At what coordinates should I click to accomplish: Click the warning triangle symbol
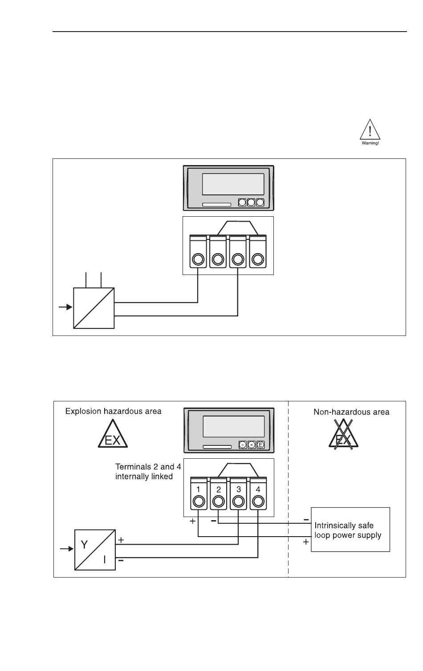point(370,132)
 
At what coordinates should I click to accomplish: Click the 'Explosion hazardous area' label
point(113,411)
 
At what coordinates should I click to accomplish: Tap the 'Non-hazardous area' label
point(351,412)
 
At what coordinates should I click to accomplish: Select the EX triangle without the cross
point(113,435)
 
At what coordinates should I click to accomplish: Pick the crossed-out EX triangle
point(343,435)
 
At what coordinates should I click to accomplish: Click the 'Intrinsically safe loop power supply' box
point(350,530)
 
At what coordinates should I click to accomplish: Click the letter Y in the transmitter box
point(84,544)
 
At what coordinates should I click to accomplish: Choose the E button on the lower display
point(260,445)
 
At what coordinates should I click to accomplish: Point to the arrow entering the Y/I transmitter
point(67,549)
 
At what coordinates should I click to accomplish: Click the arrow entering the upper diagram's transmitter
point(65,307)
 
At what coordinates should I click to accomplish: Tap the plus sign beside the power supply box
point(306,542)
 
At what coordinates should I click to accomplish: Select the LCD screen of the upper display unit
point(233,184)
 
